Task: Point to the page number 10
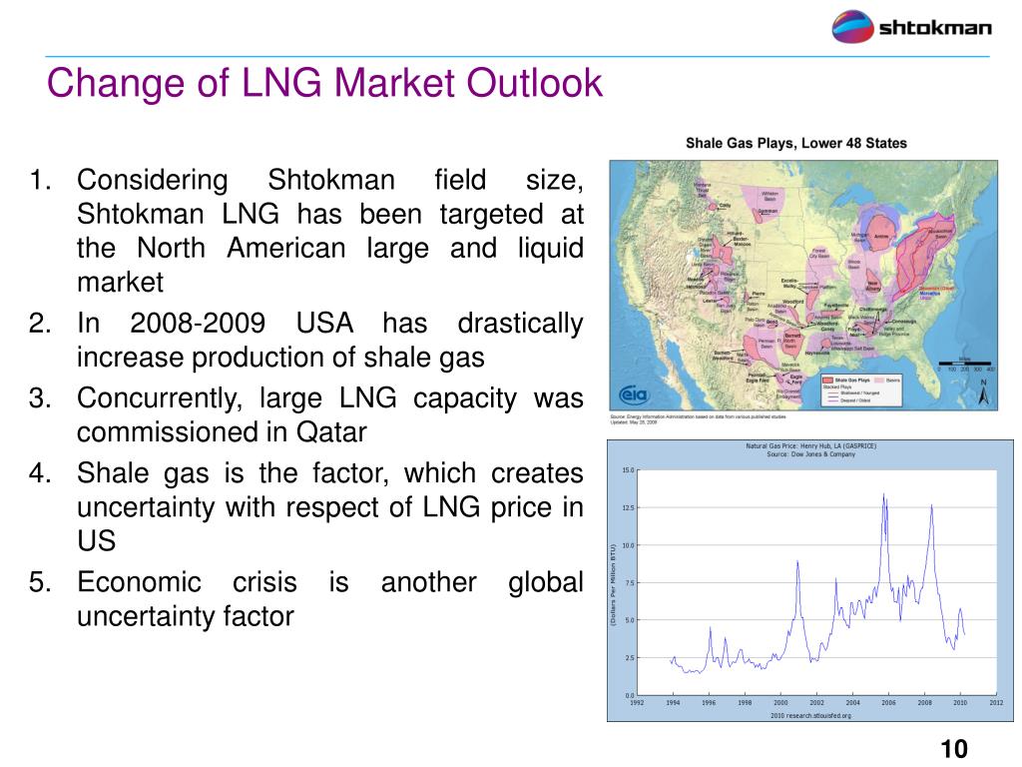click(x=954, y=750)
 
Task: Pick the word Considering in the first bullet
click(x=153, y=181)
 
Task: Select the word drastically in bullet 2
click(x=520, y=325)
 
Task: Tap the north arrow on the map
click(x=982, y=392)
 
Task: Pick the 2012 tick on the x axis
click(x=996, y=703)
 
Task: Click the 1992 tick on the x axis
click(x=637, y=703)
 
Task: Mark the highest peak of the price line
click(x=883, y=493)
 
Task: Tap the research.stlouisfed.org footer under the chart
click(x=810, y=715)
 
